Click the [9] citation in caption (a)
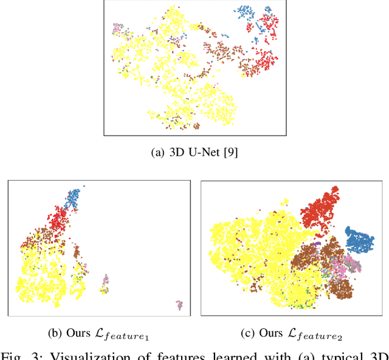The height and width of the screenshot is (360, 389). click(230, 153)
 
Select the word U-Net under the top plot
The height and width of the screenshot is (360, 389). click(204, 153)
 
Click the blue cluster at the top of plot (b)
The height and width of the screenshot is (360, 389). click(73, 197)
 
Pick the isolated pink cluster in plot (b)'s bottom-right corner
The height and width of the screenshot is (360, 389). click(179, 305)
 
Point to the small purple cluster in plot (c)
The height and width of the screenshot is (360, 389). click(316, 244)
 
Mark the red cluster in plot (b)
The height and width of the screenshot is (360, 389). click(58, 220)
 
